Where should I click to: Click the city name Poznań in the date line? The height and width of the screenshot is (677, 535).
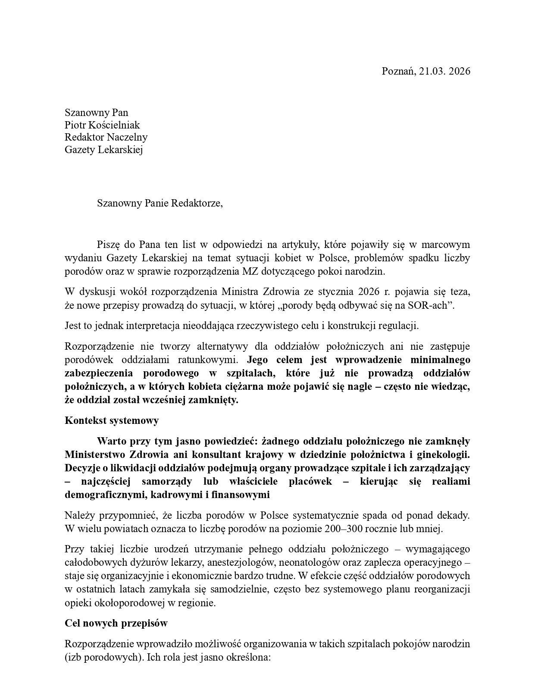pos(398,71)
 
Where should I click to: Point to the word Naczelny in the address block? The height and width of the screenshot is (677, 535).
pos(128,137)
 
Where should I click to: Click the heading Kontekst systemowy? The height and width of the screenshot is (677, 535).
pos(112,420)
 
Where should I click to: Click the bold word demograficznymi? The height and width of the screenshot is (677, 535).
pos(104,495)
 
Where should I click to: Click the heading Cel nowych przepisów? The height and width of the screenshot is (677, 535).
pos(116,623)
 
